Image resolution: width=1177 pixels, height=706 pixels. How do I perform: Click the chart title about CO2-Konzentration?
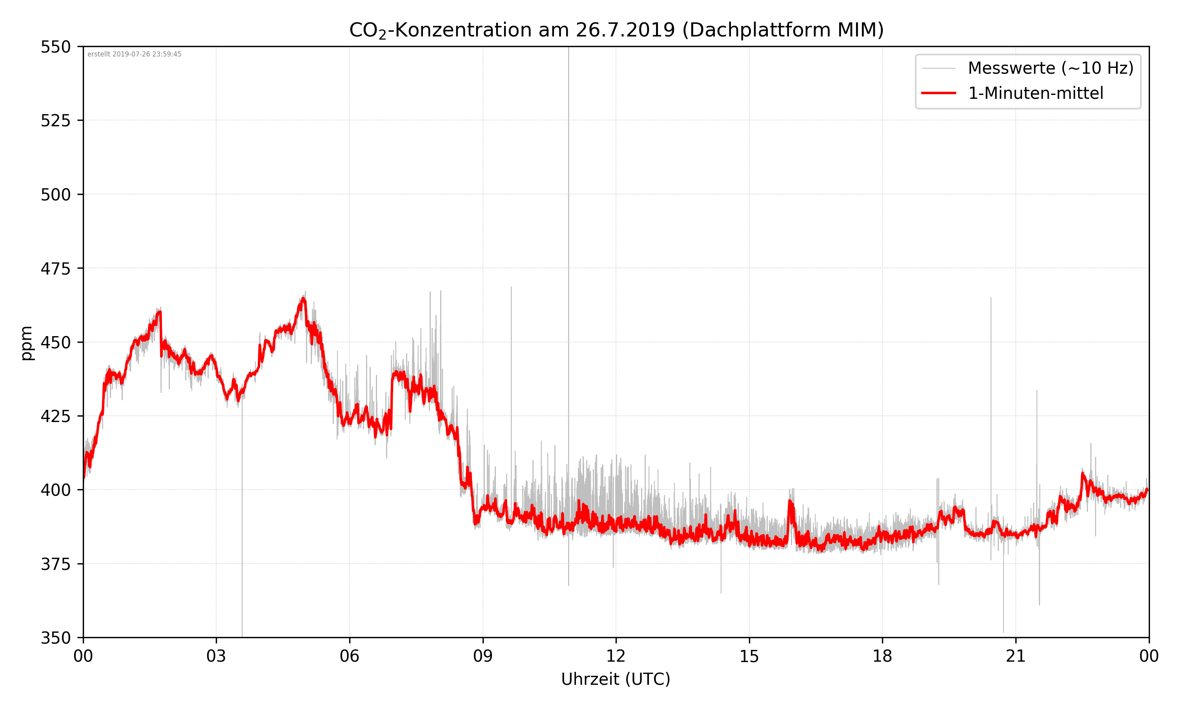pos(616,30)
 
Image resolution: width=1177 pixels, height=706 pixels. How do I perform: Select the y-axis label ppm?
pos(27,343)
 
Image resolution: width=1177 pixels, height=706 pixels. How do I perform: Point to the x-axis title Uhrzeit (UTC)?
pos(616,679)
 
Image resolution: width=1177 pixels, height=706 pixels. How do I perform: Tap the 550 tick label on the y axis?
pos(55,47)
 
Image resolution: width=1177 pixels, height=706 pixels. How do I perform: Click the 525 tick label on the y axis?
pos(55,121)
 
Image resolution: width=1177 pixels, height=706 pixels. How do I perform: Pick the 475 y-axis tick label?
pos(55,269)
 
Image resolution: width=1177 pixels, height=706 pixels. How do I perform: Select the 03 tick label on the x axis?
pos(216,656)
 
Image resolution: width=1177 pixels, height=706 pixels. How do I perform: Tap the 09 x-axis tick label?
pos(483,656)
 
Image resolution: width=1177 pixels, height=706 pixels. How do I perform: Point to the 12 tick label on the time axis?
pos(616,656)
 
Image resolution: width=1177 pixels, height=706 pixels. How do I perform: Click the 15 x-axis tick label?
pos(749,656)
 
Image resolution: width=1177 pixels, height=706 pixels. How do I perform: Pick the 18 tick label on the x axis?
pos(882,656)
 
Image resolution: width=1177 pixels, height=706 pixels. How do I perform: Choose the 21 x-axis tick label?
pos(1015,656)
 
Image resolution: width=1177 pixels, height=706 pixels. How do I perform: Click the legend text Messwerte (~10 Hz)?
pos(1050,68)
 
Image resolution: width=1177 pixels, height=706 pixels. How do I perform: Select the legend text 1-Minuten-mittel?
pos(1035,93)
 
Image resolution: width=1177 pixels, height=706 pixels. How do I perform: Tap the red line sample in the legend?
pos(938,93)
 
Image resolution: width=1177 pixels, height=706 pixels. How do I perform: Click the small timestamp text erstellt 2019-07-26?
pos(134,54)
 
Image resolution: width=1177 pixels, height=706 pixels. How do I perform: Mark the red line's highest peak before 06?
pos(303,299)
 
